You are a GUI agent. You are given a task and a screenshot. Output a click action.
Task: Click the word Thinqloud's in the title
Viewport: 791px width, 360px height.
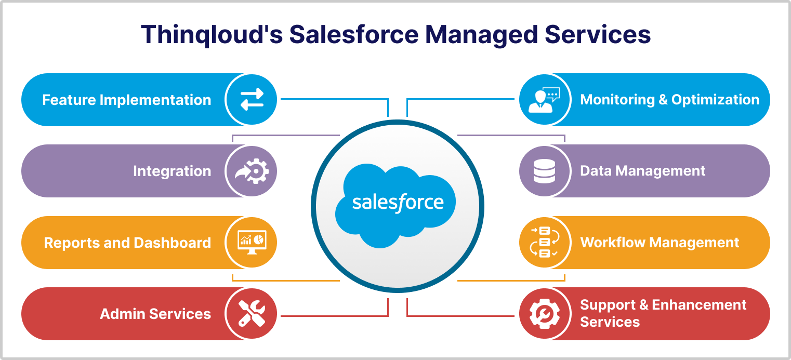click(212, 35)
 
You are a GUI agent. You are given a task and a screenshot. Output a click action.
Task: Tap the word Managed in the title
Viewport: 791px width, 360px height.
click(481, 35)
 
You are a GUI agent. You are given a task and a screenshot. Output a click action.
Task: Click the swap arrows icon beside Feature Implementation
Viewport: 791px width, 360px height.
click(252, 99)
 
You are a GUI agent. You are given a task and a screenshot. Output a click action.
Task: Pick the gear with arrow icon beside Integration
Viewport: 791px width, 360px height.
click(252, 171)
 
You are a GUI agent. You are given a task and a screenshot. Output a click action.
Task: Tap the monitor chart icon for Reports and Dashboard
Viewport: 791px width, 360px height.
click(252, 242)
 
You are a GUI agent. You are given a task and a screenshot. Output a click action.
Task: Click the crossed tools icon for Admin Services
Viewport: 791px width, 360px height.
click(252, 313)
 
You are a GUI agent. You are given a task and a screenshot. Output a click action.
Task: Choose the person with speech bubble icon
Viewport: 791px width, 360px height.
click(544, 100)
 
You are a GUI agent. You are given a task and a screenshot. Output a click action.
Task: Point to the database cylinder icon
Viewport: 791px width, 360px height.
click(544, 171)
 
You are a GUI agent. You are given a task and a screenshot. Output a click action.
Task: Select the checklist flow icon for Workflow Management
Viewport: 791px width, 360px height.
click(544, 242)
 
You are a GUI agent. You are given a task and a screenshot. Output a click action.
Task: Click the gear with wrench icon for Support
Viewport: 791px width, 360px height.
click(544, 313)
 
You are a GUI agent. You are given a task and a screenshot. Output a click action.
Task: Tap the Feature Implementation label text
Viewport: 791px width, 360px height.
click(127, 100)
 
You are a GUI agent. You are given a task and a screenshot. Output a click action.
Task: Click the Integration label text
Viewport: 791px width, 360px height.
click(172, 171)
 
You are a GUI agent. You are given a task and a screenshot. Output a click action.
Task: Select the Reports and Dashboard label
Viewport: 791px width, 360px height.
click(127, 243)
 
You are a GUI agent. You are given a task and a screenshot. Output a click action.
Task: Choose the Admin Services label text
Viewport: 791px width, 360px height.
click(155, 314)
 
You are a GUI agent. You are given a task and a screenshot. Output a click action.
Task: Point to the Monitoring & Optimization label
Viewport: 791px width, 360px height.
click(669, 100)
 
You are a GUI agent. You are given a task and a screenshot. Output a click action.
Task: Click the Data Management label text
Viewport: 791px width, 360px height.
click(643, 171)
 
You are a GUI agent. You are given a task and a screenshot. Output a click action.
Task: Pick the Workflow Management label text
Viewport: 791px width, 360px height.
click(660, 243)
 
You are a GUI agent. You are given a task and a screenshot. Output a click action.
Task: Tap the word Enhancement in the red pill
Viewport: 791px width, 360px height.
click(699, 305)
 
